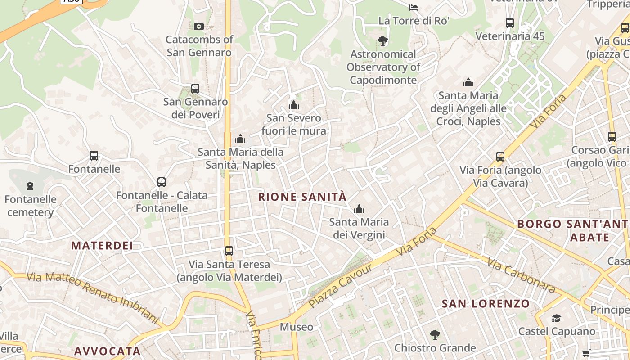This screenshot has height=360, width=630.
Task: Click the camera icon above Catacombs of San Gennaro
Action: (x=199, y=27)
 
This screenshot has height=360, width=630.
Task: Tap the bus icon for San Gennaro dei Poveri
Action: (x=195, y=89)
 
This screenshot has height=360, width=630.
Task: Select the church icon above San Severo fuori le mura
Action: (x=294, y=105)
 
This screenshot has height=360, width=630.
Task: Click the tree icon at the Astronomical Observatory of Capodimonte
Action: (x=383, y=41)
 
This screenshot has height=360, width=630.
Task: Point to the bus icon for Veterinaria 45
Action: (x=510, y=23)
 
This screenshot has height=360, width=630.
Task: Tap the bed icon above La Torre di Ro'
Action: (x=414, y=7)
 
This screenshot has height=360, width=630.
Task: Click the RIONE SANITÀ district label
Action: (x=302, y=197)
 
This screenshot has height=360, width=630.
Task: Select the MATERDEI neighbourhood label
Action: (x=102, y=245)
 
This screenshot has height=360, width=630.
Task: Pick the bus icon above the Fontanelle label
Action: (x=94, y=156)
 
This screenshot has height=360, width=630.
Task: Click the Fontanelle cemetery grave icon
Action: (x=30, y=185)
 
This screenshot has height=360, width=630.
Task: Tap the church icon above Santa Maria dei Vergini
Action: (x=359, y=209)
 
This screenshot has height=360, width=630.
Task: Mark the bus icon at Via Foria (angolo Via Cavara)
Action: (x=500, y=157)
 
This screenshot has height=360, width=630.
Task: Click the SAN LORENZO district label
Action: (x=486, y=303)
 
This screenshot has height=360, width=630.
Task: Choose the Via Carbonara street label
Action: (x=521, y=275)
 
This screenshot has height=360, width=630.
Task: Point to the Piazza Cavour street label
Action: (x=341, y=286)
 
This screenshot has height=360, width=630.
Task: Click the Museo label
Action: (x=296, y=327)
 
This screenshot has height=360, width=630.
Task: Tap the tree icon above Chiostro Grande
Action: (x=435, y=335)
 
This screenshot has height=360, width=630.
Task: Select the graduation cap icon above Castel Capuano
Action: (x=557, y=318)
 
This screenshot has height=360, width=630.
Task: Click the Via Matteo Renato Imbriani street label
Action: (x=92, y=297)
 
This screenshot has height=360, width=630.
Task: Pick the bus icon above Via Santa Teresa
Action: (x=229, y=251)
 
